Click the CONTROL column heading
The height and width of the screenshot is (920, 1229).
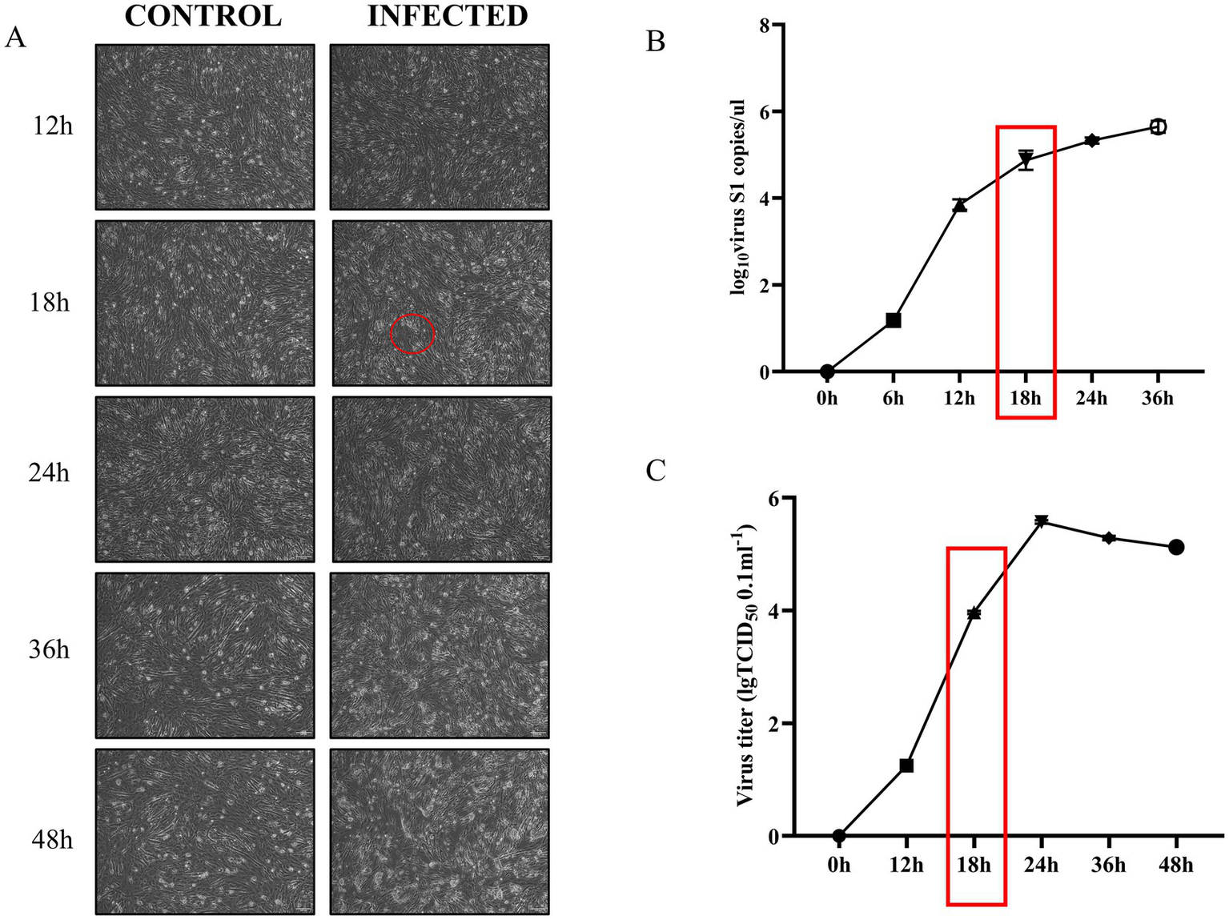pos(203,16)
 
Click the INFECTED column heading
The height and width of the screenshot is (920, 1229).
pos(448,16)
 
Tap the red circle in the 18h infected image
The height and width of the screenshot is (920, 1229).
pos(412,334)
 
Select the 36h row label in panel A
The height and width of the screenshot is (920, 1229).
pos(50,649)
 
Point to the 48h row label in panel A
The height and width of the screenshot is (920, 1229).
pos(52,840)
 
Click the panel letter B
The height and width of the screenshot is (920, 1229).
pos(655,42)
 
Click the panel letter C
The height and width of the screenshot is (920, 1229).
pos(656,471)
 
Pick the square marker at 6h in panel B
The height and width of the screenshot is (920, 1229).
pos(894,320)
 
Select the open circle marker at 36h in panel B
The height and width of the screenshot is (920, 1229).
pos(1158,127)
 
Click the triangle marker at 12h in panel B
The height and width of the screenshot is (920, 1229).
pos(960,205)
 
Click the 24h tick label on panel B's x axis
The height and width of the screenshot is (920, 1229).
pos(1091,398)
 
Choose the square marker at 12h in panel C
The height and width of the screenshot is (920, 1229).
pos(906,765)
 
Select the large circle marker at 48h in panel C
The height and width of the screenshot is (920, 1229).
pos(1176,547)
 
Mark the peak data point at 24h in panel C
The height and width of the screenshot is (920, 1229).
pos(1042,521)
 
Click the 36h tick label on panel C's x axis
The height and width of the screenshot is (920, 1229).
pos(1109,865)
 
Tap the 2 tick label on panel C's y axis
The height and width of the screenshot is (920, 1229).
pos(774,724)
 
